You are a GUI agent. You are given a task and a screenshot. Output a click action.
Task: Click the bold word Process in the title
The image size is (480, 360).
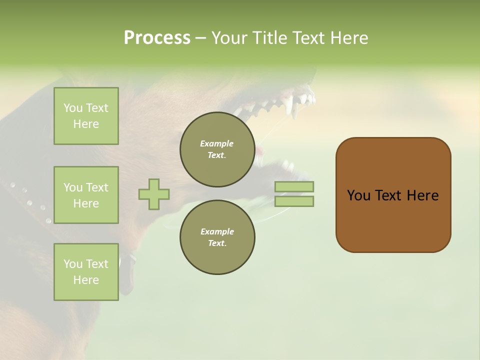[x=157, y=38]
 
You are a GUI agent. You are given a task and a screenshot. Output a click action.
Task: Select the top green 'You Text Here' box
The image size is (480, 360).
[x=86, y=116]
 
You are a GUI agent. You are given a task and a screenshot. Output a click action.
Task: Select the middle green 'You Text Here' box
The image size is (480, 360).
[x=86, y=195]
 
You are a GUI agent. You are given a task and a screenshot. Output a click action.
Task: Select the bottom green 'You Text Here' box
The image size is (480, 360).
[x=86, y=271]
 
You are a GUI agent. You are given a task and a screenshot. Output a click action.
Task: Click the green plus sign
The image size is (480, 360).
[x=154, y=194]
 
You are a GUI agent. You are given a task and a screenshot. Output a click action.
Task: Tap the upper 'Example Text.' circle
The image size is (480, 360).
[x=217, y=149]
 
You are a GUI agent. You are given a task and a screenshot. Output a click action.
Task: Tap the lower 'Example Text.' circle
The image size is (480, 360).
[x=217, y=237]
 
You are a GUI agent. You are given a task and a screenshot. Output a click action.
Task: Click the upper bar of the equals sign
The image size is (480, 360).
[x=294, y=186]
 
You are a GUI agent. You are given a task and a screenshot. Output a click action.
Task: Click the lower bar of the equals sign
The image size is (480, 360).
[x=294, y=201]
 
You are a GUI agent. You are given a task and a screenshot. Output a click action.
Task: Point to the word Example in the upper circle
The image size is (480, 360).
[x=217, y=144]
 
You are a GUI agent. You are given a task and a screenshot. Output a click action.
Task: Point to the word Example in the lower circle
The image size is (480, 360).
[x=217, y=232]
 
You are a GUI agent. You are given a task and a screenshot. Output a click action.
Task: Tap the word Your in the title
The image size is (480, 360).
[x=229, y=38]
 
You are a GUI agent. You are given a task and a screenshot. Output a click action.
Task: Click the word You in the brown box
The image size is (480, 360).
[x=359, y=195]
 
